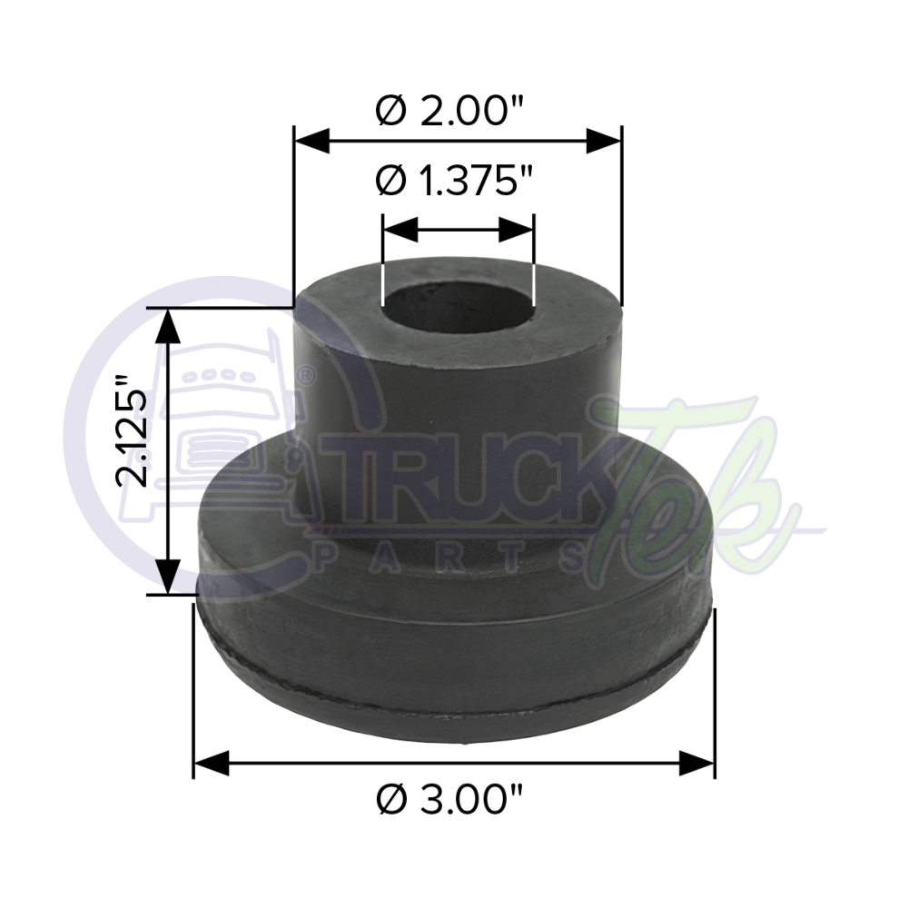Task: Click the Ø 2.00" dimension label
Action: (451, 112)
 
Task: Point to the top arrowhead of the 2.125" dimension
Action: (166, 327)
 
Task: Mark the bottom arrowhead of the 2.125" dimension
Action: (166, 577)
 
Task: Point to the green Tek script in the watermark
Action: (690, 490)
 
